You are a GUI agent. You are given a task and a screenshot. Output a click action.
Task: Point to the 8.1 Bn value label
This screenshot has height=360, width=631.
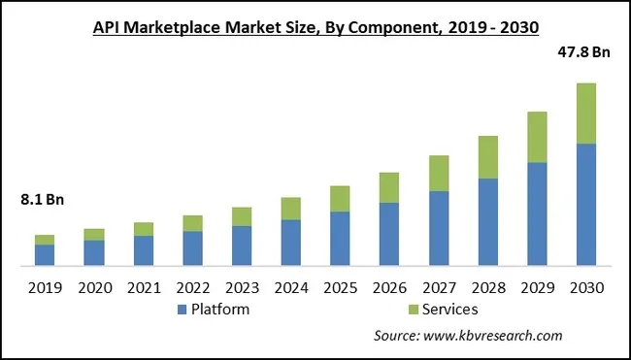(x=42, y=201)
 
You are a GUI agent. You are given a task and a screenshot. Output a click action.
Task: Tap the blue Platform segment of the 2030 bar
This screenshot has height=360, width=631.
(x=585, y=205)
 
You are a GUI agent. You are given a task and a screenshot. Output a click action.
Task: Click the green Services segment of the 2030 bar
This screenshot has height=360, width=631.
(x=585, y=114)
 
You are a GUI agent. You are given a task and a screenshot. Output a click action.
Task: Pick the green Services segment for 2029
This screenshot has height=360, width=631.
(x=537, y=137)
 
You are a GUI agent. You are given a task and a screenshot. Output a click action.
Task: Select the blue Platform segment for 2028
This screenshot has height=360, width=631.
(x=487, y=221)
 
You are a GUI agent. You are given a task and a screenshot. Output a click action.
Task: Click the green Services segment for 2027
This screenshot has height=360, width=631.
(x=438, y=173)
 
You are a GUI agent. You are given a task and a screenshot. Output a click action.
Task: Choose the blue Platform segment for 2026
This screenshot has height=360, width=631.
(x=388, y=233)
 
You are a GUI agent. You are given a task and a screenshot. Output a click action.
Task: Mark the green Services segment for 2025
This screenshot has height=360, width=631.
(x=339, y=198)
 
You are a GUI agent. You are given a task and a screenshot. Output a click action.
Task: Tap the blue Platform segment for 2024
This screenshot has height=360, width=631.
(x=290, y=242)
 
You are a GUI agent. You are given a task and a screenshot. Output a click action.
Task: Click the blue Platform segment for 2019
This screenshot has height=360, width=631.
(x=45, y=254)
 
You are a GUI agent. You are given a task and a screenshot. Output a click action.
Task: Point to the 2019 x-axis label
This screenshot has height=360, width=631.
(x=45, y=288)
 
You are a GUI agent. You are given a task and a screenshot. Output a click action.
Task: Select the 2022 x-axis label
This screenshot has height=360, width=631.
(x=192, y=288)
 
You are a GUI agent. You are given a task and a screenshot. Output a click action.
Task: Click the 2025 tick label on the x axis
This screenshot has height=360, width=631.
(x=339, y=288)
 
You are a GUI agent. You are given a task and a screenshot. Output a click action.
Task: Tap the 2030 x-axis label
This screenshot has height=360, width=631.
(x=585, y=288)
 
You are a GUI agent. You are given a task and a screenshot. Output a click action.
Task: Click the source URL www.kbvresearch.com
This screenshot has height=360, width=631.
(x=495, y=336)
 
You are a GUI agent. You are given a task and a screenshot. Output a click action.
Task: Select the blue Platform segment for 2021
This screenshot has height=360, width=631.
(x=143, y=250)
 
